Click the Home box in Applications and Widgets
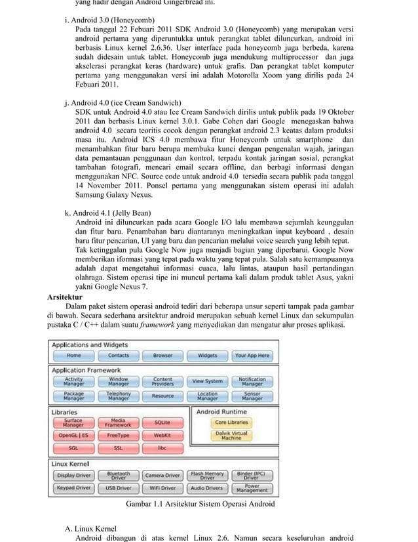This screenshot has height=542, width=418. coord(73,356)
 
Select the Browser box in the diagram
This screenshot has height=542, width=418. coord(162,356)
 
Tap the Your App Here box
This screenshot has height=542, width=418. coord(252,356)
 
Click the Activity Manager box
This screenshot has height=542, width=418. coord(73,381)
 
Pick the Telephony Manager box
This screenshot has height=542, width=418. coord(118,396)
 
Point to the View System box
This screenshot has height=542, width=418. coord(207,381)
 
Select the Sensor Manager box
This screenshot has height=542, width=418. coord(252,396)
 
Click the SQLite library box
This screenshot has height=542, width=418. coord(162,423)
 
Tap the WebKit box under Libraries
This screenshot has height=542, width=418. coord(162,435)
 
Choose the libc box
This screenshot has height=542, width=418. coord(162,448)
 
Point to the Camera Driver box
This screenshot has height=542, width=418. coord(162,475)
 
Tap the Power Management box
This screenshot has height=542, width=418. coord(252,488)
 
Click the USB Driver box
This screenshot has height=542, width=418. coord(118,488)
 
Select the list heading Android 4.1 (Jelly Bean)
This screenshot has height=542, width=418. coord(107,213)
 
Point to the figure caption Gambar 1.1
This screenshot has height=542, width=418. coord(200,505)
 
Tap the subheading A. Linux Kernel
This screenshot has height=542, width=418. coord(90,528)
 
